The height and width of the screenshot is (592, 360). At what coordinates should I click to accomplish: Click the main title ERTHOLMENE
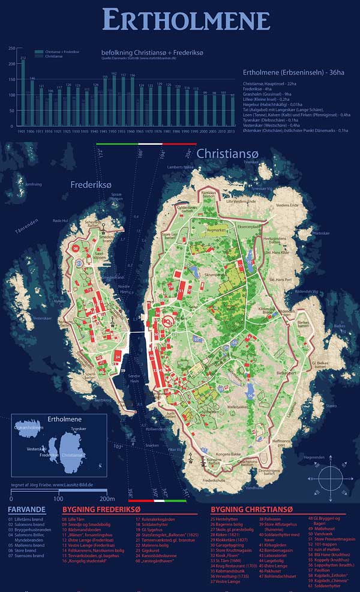point(186,20)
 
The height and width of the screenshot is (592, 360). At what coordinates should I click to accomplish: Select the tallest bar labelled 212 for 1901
point(23,94)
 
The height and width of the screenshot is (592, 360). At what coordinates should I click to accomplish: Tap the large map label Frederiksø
point(91,185)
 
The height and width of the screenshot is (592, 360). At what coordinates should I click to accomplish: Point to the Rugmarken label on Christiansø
point(217,229)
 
